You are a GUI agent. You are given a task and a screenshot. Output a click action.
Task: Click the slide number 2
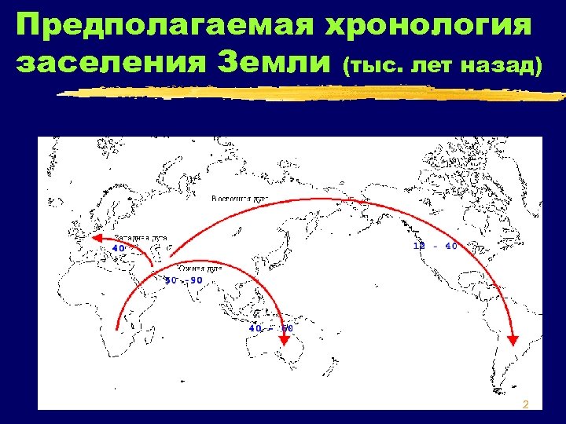point(526,404)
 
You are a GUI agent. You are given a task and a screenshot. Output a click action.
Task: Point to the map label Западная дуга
point(140,237)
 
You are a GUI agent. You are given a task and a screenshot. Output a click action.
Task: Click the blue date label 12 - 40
point(435,246)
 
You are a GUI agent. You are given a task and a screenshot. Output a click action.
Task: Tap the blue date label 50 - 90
point(183,280)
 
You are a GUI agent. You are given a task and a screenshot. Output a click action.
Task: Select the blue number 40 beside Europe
point(119,248)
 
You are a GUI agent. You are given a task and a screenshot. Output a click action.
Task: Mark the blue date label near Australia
point(270,327)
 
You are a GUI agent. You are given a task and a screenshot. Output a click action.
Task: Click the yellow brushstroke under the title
point(314,93)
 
